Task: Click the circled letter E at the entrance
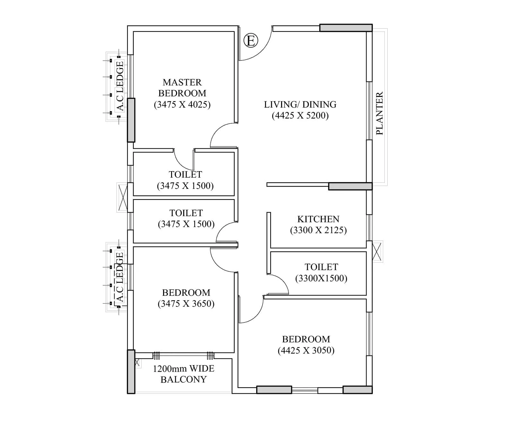tap(251, 41)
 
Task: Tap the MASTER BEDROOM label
tap(182, 88)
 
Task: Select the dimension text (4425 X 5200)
tap(300, 116)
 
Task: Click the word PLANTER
tap(379, 113)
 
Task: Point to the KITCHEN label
tap(318, 219)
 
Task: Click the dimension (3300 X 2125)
tap(318, 230)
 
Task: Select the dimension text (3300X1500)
tap(321, 278)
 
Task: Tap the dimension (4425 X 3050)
tap(306, 350)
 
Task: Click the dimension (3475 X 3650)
tap(186, 304)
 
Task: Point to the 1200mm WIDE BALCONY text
tap(184, 374)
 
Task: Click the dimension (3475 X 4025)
tap(182, 105)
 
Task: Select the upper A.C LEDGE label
tap(120, 86)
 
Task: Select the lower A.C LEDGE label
tap(120, 277)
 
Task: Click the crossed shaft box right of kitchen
tap(377, 251)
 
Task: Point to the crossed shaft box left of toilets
tap(123, 197)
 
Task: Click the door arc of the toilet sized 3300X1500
tap(282, 281)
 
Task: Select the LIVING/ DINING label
tap(300, 104)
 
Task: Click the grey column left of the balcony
tap(131, 372)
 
